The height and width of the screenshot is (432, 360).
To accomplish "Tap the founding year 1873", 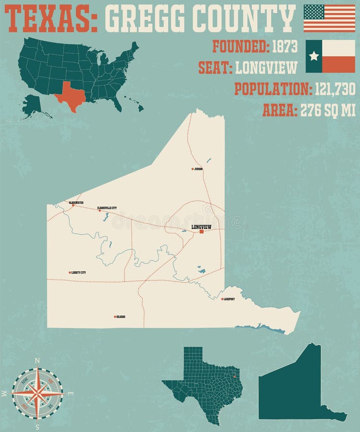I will tap(285, 47).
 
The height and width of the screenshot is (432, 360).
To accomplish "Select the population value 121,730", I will tap(335, 89).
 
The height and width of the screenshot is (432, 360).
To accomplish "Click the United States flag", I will tap(329, 18).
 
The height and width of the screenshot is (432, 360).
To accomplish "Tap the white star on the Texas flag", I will tap(314, 56).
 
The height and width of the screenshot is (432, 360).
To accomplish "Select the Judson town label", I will tap(198, 169).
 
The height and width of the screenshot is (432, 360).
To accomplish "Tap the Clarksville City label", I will tap(107, 208).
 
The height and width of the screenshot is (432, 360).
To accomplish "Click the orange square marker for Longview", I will tap(202, 231).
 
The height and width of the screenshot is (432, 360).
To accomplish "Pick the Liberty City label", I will tap(78, 273).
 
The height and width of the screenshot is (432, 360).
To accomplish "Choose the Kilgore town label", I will tap(120, 317).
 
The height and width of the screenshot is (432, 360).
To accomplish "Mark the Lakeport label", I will tap(229, 299).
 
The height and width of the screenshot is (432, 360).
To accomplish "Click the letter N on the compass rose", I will tap(37, 361).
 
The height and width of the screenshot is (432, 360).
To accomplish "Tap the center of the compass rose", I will tap(37, 393).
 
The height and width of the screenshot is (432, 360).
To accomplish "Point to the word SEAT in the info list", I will tap(215, 68).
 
